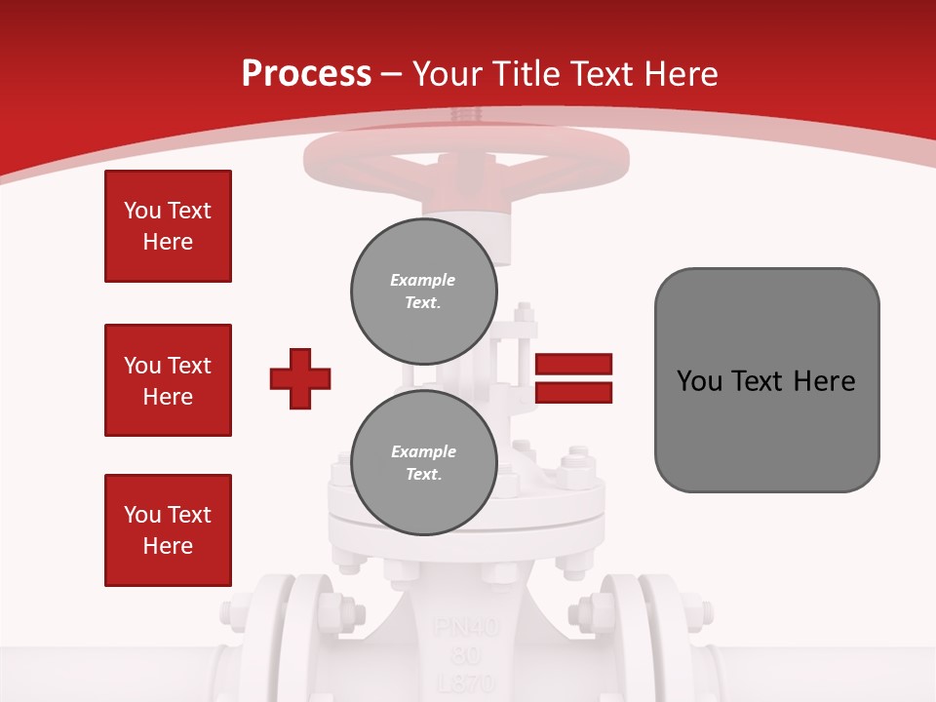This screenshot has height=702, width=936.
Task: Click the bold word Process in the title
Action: (306, 74)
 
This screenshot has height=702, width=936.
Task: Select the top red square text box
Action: (168, 226)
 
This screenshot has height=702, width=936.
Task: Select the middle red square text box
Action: (168, 380)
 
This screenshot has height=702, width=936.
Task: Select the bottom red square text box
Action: (168, 530)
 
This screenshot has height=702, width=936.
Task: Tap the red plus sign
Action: (300, 378)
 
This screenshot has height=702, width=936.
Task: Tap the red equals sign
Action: (573, 378)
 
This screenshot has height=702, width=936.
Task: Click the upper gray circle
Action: (424, 292)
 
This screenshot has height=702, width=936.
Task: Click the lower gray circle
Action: (424, 463)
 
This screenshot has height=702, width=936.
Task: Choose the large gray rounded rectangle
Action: (766, 380)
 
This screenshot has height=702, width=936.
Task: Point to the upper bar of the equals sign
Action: (573, 365)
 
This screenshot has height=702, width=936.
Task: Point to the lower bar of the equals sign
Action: (573, 393)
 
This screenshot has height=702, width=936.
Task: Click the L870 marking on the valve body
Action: (466, 682)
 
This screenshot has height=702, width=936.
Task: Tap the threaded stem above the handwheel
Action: (465, 116)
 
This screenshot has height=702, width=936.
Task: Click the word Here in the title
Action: (677, 74)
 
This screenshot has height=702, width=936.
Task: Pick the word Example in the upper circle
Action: (423, 281)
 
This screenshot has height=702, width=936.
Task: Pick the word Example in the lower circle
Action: (423, 452)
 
